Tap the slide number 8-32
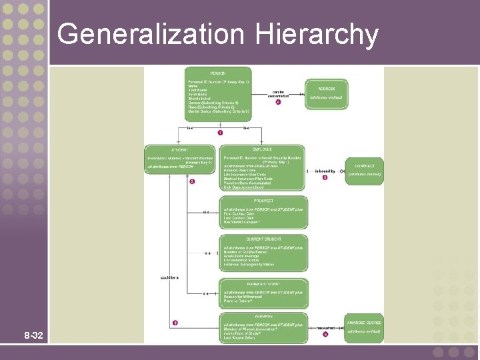[x=33, y=335]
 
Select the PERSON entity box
[x=218, y=94]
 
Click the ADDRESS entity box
[x=326, y=93]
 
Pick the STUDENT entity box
[x=179, y=161]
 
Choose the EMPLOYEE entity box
[x=263, y=168]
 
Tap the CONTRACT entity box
[x=364, y=170]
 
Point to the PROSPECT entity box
[x=263, y=211]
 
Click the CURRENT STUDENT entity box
[x=263, y=252]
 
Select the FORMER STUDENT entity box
[x=263, y=291]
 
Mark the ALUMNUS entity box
[x=263, y=327]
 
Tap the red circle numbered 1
[x=220, y=133]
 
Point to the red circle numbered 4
[x=278, y=102]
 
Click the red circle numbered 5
[x=325, y=178]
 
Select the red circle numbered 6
[x=192, y=181]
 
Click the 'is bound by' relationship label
[x=325, y=171]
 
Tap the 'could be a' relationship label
[x=169, y=276]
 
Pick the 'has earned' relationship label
[x=325, y=328]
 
